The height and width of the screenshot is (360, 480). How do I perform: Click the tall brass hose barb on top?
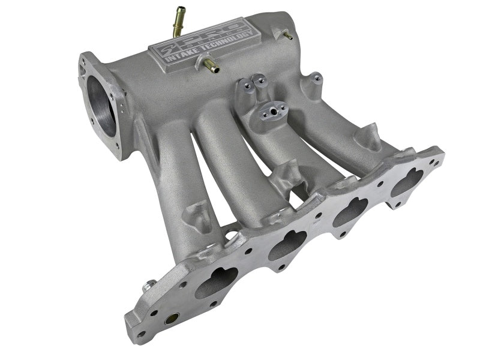coord(179,20)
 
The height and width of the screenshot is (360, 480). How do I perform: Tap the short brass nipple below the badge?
coord(211,64)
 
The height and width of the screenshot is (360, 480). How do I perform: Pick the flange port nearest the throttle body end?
coord(216,281)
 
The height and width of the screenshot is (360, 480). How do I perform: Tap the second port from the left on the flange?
coord(287,245)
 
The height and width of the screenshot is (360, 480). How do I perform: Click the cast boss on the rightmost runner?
coord(367,138)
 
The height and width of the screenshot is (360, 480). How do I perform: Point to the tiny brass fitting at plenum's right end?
coord(288,35)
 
